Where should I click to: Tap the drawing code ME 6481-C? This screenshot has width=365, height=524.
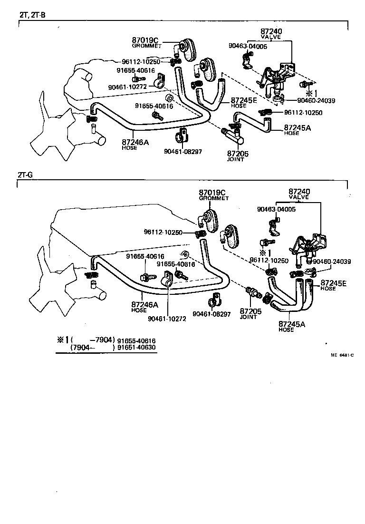tap(343, 355)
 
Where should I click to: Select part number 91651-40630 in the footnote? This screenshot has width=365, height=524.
tap(136, 348)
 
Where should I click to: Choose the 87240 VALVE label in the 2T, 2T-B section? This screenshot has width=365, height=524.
tap(271, 34)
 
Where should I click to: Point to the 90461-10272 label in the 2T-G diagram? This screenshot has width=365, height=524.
tap(167, 319)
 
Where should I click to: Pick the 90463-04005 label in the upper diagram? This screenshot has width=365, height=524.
tap(248, 47)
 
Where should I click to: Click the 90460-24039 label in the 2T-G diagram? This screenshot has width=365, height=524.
tap(331, 262)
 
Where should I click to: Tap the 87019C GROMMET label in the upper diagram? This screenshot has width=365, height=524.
tap(147, 43)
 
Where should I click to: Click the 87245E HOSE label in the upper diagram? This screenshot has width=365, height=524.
tap(244, 102)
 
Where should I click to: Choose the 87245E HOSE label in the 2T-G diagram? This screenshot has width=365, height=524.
tap(334, 285)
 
